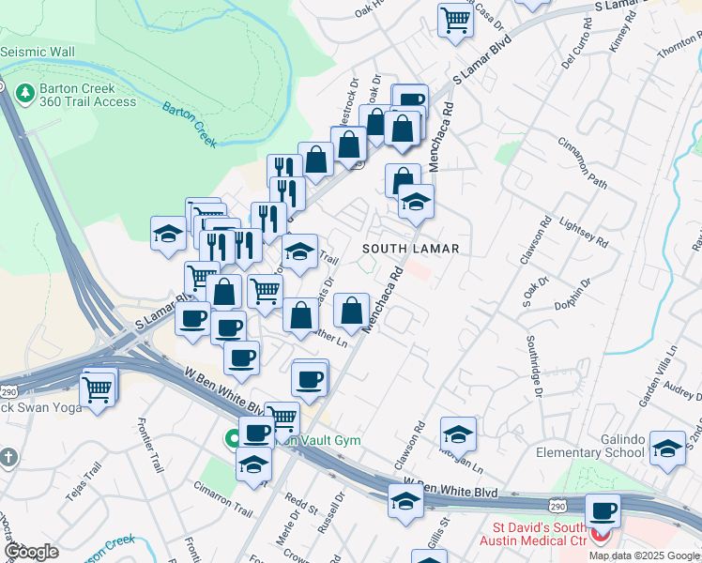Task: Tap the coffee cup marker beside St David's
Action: (603, 512)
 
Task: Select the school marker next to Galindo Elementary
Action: (667, 449)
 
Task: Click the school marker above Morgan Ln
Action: (458, 434)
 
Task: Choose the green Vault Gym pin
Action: (231, 437)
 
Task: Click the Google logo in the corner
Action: (32, 552)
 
